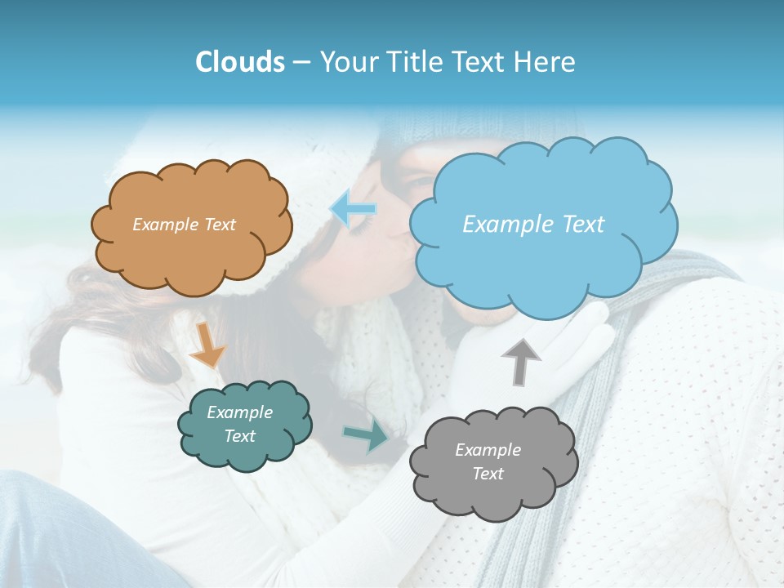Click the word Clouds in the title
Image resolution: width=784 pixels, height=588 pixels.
click(x=240, y=62)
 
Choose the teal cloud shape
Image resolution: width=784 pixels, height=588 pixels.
click(x=245, y=453)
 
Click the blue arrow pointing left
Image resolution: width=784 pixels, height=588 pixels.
click(x=354, y=208)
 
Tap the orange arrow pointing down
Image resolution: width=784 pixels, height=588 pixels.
click(x=207, y=345)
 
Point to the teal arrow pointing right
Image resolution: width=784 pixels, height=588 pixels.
click(x=367, y=436)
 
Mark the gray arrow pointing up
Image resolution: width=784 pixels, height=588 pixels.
click(x=520, y=362)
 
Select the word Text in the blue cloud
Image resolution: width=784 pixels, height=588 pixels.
click(x=582, y=225)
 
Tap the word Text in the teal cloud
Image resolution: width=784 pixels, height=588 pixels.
click(x=240, y=436)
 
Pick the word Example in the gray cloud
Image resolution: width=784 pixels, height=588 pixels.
click(x=488, y=450)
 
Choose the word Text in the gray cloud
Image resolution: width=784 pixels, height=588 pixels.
click(x=488, y=474)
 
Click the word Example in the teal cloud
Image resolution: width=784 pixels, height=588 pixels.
click(x=240, y=412)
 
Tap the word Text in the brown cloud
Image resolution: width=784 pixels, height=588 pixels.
click(x=220, y=225)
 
